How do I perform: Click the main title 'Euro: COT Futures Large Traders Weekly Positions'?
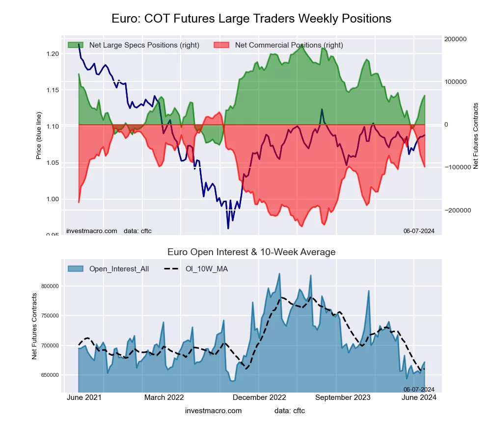(251, 19)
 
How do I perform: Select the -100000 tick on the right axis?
(457, 167)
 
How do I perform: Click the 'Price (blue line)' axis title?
(39, 135)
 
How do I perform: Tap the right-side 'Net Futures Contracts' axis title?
(475, 135)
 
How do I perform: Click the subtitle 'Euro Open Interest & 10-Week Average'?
(251, 252)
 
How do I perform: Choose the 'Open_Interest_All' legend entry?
(119, 269)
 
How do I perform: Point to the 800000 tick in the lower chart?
(50, 286)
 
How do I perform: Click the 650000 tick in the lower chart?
(50, 375)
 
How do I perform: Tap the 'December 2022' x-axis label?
(260, 397)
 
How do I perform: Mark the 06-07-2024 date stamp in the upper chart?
(419, 231)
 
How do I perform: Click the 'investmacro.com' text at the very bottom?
(213, 410)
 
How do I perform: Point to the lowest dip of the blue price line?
(228, 228)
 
